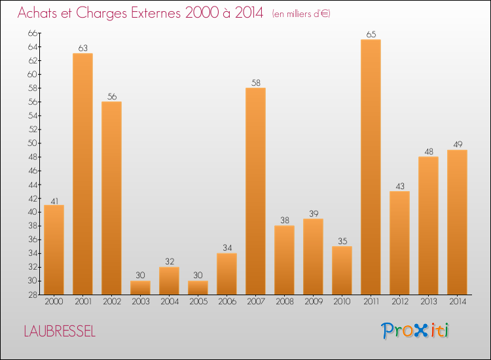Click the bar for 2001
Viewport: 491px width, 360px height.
(82, 173)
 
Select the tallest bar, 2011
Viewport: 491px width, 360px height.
(371, 167)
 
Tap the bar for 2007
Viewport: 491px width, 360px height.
(255, 191)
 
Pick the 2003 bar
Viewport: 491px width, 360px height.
(140, 287)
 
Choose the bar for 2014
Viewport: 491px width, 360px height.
(457, 222)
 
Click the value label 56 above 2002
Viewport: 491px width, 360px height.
(111, 96)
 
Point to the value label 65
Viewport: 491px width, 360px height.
(371, 34)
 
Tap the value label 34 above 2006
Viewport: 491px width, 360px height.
(227, 247)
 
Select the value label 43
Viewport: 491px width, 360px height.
(399, 186)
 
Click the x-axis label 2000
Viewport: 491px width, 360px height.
(54, 302)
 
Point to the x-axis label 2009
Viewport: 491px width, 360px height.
(313, 302)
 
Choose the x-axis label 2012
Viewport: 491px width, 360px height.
(399, 302)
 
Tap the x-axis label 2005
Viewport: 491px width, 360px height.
(198, 302)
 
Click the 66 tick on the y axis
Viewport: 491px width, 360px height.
(33, 33)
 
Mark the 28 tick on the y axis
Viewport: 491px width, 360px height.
(33, 295)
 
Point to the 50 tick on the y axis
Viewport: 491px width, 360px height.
(33, 143)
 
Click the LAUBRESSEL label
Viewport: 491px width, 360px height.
(60, 331)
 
